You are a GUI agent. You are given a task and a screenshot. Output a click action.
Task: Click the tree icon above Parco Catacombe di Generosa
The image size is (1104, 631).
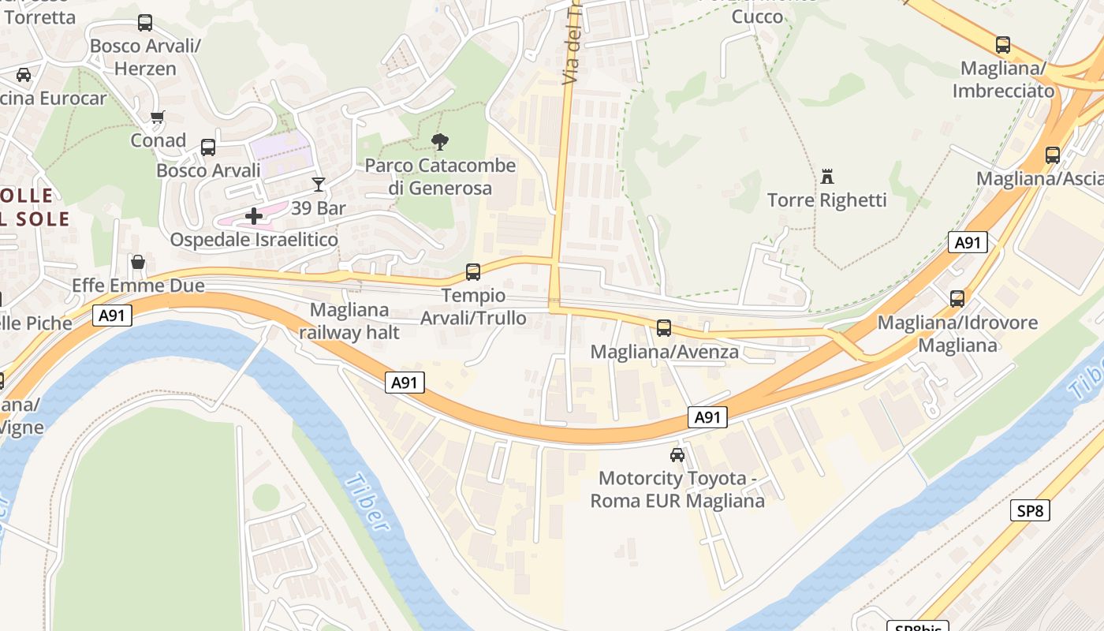(x=440, y=142)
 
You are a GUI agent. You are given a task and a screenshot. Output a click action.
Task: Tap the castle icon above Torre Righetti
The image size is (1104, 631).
(x=827, y=176)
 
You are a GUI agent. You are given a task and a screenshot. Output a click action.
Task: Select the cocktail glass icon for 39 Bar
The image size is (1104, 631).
(x=319, y=185)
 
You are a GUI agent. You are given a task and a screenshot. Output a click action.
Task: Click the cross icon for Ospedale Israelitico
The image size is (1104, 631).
(x=254, y=215)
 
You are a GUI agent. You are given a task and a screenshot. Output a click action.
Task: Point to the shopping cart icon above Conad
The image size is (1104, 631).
(x=158, y=118)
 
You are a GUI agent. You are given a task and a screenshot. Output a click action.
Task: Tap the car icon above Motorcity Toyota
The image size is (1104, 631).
(x=677, y=454)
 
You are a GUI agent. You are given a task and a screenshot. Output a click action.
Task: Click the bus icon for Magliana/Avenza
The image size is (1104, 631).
(x=664, y=328)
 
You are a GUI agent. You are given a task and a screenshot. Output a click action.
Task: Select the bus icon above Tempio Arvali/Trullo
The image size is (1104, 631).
(x=473, y=272)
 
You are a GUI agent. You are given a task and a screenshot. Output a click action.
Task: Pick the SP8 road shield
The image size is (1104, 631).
(x=1030, y=510)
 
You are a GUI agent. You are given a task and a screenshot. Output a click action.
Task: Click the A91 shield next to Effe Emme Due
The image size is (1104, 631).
(x=112, y=316)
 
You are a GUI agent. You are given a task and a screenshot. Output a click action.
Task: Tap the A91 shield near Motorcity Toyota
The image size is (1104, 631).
(x=707, y=417)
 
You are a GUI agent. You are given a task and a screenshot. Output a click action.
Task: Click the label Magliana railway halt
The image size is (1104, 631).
(x=349, y=321)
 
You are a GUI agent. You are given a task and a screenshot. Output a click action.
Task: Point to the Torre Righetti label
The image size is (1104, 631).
(x=827, y=200)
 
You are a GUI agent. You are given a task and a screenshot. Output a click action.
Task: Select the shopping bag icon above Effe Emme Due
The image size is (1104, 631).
(x=138, y=261)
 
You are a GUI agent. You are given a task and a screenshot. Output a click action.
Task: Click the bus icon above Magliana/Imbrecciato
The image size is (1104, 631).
(x=1003, y=45)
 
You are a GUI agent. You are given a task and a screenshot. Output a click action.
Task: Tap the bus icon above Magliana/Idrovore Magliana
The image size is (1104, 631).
(x=957, y=299)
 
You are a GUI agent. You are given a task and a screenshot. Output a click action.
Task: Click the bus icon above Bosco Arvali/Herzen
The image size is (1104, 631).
(x=145, y=23)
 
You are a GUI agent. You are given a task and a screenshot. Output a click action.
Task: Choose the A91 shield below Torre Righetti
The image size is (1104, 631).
(x=968, y=242)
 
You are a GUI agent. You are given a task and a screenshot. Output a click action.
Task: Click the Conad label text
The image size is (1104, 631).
(x=159, y=140)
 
